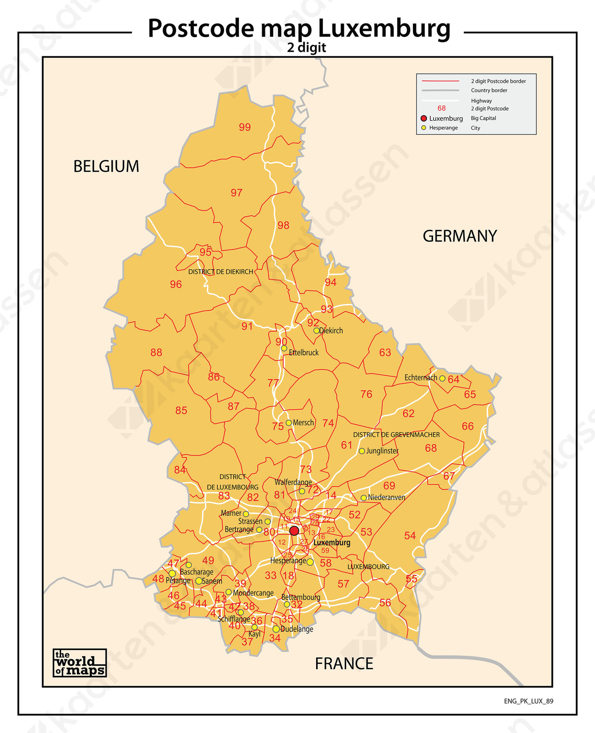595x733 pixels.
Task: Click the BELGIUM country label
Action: [106, 166]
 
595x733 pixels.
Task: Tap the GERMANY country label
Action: [459, 236]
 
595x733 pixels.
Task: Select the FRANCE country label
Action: [344, 664]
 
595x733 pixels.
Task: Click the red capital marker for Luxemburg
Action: [294, 531]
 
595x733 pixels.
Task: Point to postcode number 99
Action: [245, 127]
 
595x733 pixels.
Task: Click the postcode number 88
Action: [156, 353]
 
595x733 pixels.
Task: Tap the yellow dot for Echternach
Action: [442, 378]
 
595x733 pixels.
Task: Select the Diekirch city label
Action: [331, 330]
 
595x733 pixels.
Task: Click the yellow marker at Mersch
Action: [289, 423]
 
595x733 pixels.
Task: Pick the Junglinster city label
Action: [382, 451]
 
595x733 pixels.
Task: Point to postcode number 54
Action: [410, 536]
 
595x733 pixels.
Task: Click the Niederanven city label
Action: [386, 497]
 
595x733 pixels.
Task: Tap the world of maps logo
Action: [79, 663]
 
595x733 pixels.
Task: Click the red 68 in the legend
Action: [441, 108]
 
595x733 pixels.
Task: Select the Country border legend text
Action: [489, 90]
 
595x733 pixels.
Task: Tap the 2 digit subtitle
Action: [306, 48]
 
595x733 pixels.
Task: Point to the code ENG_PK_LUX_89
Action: [528, 701]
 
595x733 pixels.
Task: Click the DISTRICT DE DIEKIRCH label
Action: [221, 272]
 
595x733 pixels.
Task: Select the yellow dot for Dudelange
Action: [276, 629]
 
